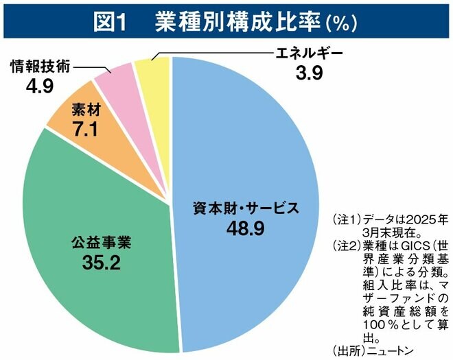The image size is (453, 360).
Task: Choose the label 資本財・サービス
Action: click(x=245, y=208)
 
